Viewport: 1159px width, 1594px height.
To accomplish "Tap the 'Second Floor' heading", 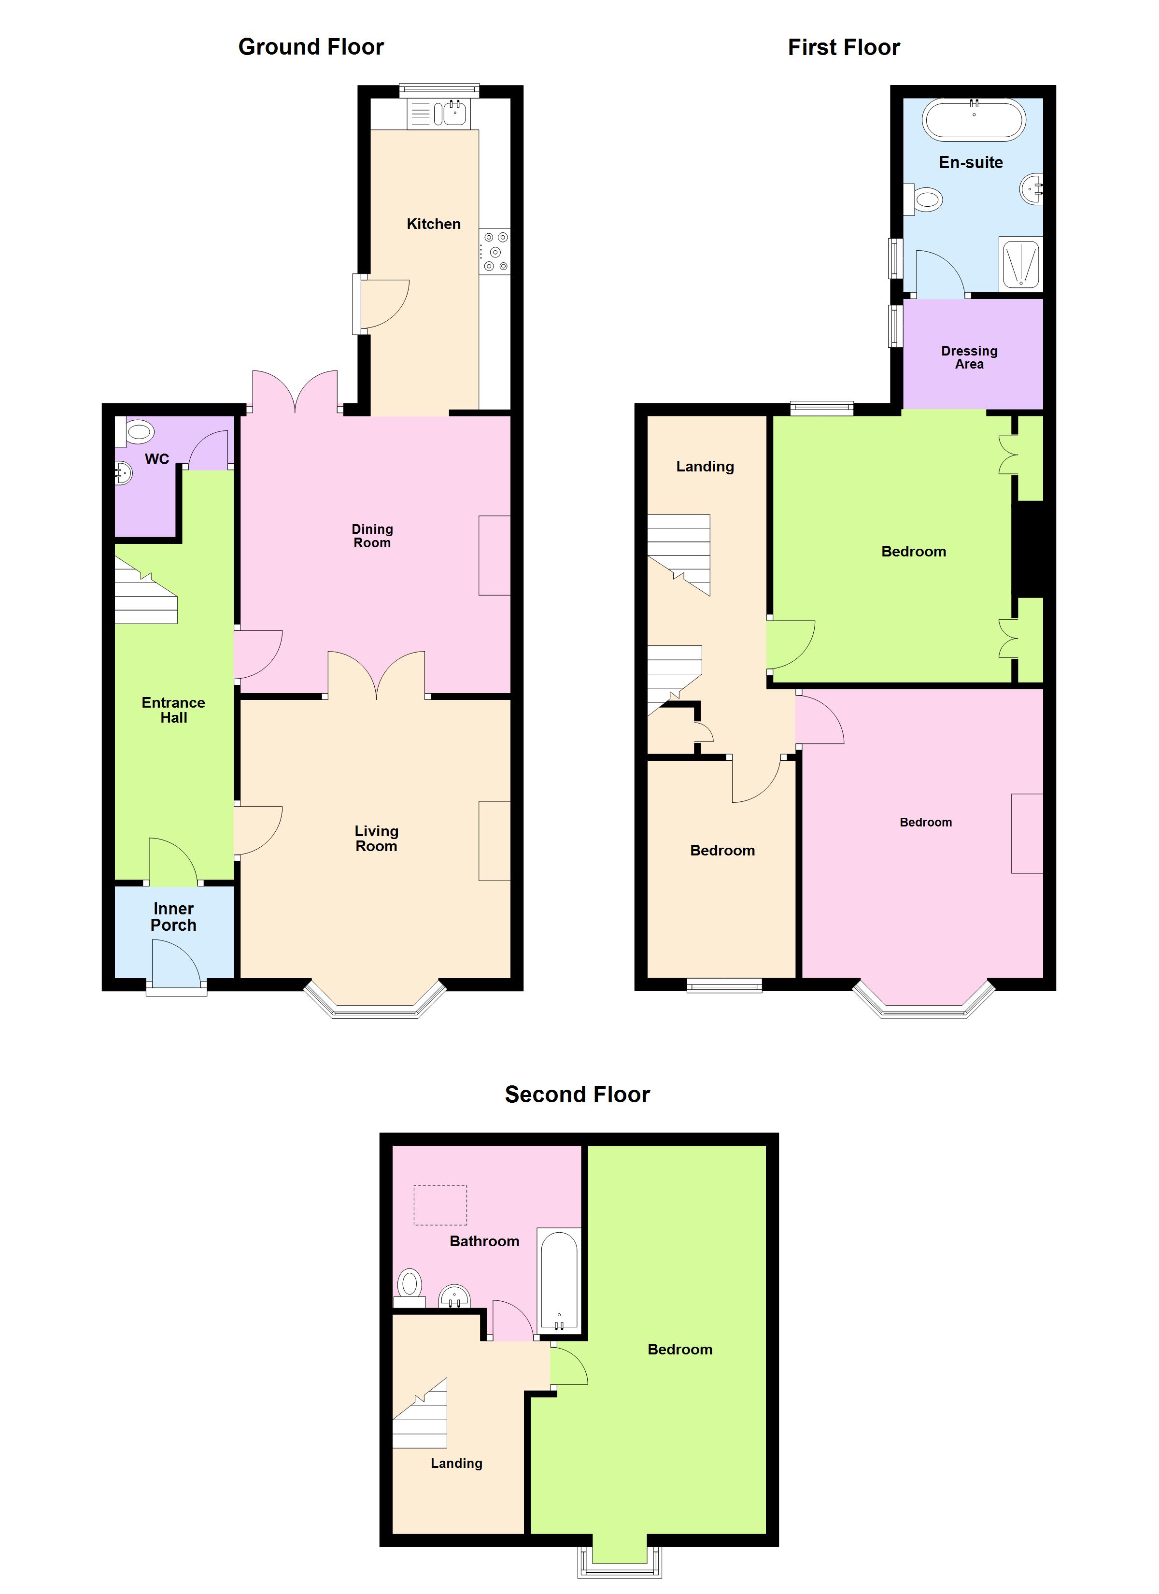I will pyautogui.click(x=577, y=1094).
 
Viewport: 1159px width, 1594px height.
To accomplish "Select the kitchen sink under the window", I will pyautogui.click(x=454, y=113).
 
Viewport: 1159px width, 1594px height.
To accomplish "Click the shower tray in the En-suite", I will pyautogui.click(x=1020, y=264).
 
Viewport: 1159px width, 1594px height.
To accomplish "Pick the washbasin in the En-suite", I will pyautogui.click(x=1032, y=189).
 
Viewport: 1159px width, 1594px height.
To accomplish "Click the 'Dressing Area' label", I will pyautogui.click(x=969, y=357).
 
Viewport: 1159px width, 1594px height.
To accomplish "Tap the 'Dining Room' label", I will pyautogui.click(x=372, y=536).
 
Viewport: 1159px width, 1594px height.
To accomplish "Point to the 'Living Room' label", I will pyautogui.click(x=376, y=839).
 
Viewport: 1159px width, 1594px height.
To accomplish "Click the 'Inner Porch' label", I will pyautogui.click(x=173, y=916).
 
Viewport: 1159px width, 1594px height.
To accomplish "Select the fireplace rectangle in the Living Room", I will pyautogui.click(x=494, y=840).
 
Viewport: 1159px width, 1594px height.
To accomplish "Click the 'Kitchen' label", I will pyautogui.click(x=434, y=224).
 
